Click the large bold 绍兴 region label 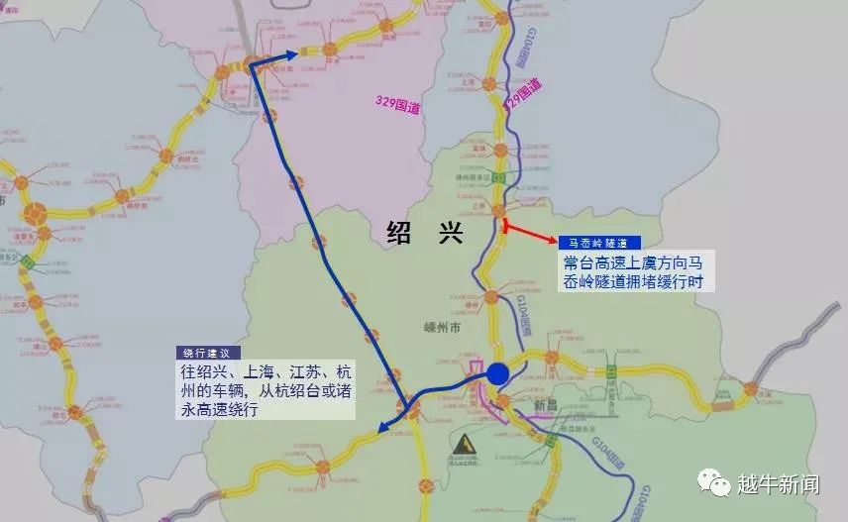click(x=424, y=233)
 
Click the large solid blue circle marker click(x=497, y=373)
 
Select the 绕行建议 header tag click(x=207, y=353)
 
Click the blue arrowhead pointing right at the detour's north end click(x=290, y=56)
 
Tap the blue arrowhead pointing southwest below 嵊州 click(x=383, y=428)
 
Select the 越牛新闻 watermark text click(x=779, y=484)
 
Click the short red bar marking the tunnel click(x=506, y=227)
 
